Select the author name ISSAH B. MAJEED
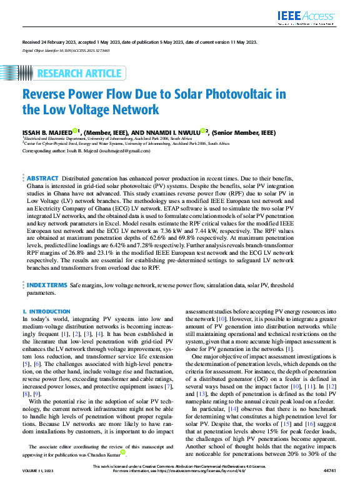coord(46,132)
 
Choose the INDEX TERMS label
coord(46,284)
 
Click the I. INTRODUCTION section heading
coord(46,311)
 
